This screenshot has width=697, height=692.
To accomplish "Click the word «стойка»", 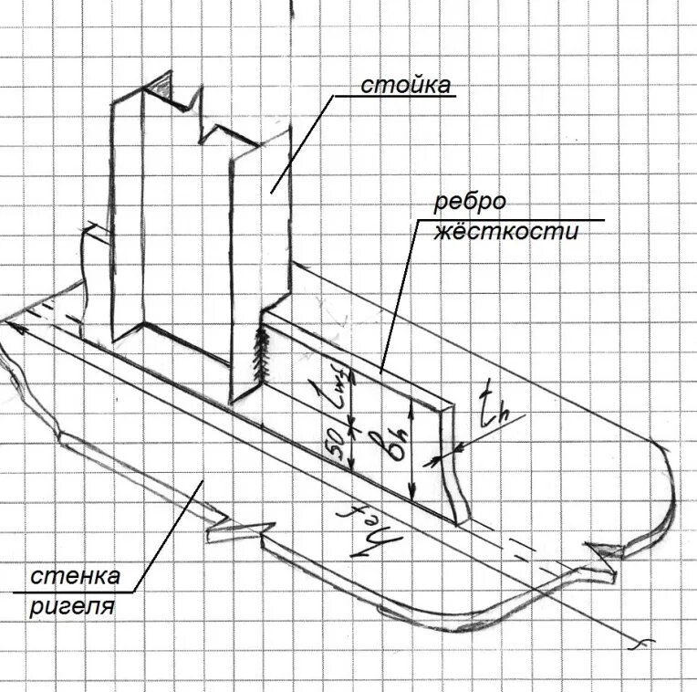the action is tap(405, 87).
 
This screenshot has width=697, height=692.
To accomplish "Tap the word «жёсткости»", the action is tap(505, 232).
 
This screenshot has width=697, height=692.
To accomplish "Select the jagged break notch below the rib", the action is tap(239, 531).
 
